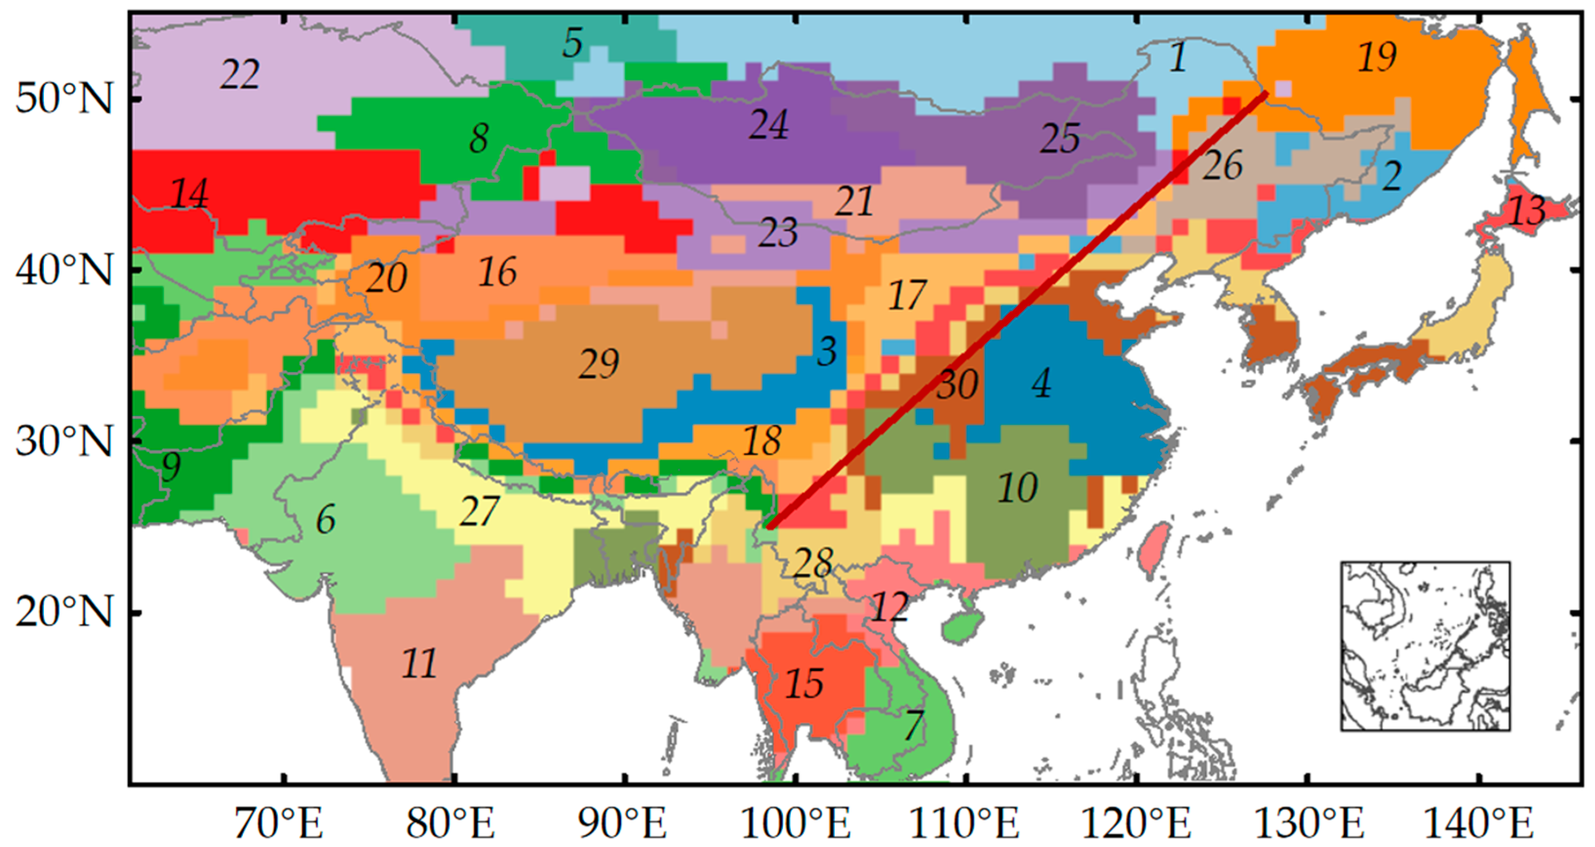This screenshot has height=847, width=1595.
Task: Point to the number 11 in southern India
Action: (x=419, y=663)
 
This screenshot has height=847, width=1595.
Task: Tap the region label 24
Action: (x=769, y=124)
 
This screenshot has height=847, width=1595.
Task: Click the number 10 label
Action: (x=1017, y=488)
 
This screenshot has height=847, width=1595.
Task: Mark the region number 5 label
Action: (x=572, y=43)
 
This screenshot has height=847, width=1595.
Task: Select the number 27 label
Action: (x=479, y=512)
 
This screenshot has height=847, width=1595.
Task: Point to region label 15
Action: (x=804, y=684)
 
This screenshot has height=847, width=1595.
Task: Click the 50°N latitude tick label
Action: (x=64, y=98)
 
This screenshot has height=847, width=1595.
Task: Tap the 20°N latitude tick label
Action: (x=64, y=611)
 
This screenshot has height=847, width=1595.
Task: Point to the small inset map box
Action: (x=1425, y=646)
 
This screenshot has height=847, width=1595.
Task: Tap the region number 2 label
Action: (x=1391, y=176)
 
